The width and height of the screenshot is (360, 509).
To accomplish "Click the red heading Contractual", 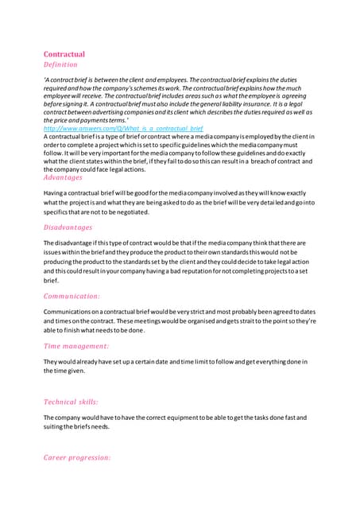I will pos(64,54).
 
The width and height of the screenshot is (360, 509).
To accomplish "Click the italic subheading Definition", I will pos(60,65).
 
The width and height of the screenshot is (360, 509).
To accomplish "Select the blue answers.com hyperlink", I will pos(123,127).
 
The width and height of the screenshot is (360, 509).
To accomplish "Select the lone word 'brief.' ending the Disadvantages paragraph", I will pos(51,281).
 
